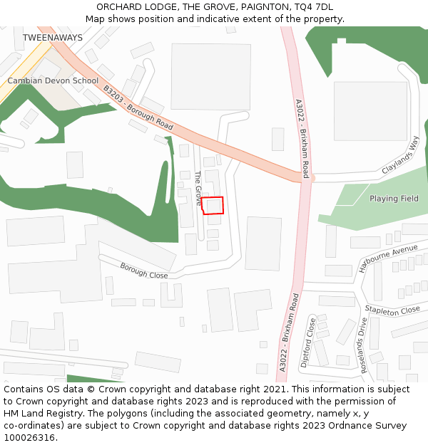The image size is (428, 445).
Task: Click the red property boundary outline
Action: tap(213, 205)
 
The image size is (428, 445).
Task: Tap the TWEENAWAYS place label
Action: tap(52, 37)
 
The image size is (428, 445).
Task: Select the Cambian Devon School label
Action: tap(53, 80)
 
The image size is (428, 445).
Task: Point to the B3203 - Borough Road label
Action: tap(138, 108)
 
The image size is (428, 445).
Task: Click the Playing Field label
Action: tap(394, 199)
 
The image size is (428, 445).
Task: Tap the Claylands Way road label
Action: tap(400, 155)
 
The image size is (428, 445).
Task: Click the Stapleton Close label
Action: tap(392, 310)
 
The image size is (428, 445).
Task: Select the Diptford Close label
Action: tap(308, 342)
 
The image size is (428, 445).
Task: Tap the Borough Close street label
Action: tap(143, 271)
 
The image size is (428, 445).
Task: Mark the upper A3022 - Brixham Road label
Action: tap(302, 138)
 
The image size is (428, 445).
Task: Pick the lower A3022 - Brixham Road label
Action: tap(289, 332)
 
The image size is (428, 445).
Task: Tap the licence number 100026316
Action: tap(31, 437)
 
